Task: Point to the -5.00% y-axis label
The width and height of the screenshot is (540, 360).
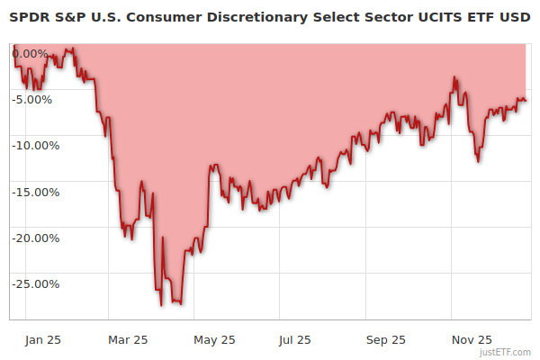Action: point(33,99)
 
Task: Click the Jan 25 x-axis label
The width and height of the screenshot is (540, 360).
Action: point(43,339)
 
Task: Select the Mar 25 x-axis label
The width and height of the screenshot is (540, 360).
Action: point(128,339)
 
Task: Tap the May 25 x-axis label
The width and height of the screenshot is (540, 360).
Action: point(214,339)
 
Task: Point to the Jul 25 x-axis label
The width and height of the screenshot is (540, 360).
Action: point(294,339)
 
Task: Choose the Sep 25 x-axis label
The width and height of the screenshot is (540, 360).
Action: point(386,339)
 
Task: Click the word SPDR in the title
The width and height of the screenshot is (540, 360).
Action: point(28,16)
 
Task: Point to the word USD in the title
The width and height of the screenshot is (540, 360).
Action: point(513,16)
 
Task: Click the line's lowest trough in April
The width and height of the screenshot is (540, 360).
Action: point(162,305)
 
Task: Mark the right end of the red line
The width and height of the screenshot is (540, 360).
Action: point(526,100)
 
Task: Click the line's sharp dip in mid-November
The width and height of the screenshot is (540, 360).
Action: point(478,162)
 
